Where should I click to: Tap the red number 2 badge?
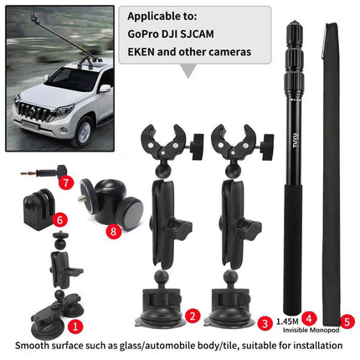tap(193, 316)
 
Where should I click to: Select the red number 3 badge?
tap(264, 321)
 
